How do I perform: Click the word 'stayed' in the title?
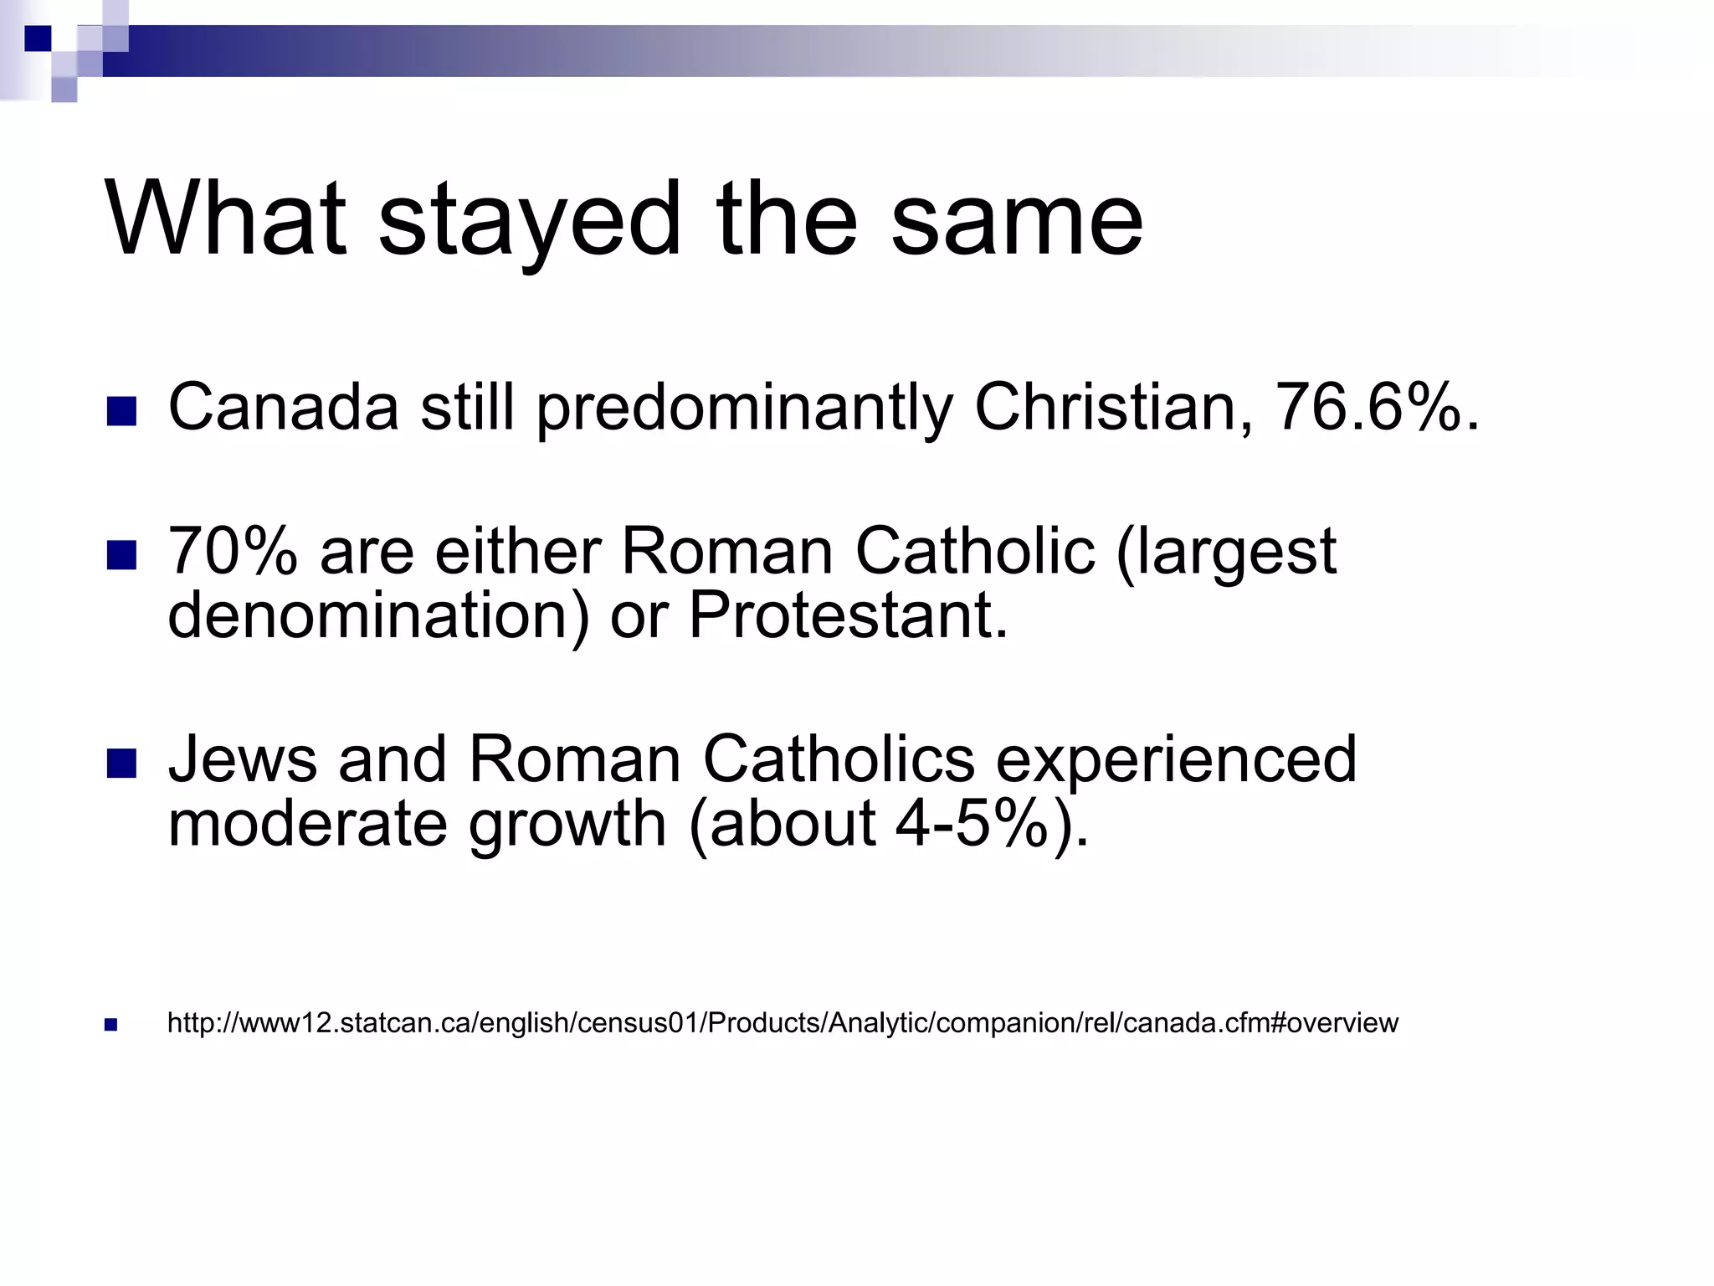tap(529, 220)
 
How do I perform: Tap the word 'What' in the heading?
tap(225, 219)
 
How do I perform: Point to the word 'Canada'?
tap(284, 408)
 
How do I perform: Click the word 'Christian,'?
tap(1114, 408)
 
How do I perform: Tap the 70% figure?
tap(233, 552)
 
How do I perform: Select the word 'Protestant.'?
tap(849, 615)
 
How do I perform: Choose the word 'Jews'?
tap(243, 759)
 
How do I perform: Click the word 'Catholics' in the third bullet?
tap(839, 759)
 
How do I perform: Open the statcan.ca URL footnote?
tap(783, 1023)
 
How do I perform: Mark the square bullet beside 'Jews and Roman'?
tap(122, 763)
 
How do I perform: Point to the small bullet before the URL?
tap(110, 1024)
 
